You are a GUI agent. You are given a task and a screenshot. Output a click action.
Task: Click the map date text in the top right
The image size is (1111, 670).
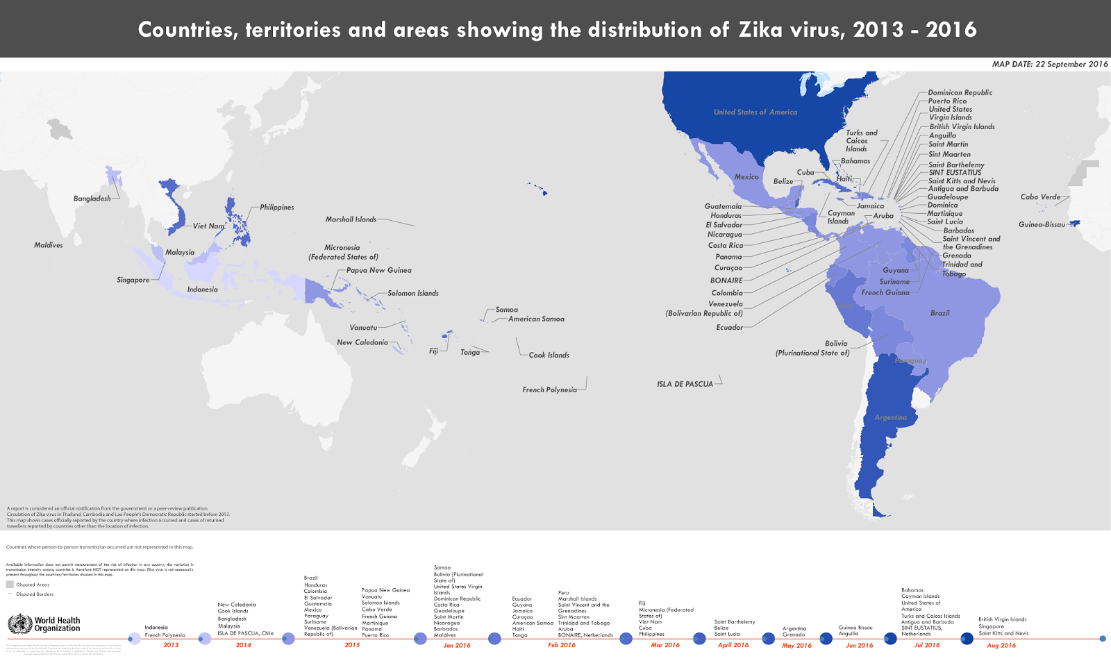1049,64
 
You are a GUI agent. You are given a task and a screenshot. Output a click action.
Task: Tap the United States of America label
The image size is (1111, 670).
755,112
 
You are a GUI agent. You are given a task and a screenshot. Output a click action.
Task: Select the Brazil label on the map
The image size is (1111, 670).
939,313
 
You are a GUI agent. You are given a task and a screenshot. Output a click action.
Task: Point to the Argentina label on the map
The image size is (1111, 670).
890,417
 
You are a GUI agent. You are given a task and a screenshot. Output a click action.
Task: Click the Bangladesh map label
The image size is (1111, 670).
92,199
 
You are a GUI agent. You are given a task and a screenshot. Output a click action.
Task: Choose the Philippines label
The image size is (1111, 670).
276,207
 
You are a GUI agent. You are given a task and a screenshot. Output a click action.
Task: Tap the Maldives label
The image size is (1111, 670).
49,245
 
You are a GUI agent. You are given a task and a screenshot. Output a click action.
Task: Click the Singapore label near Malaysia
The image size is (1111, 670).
133,280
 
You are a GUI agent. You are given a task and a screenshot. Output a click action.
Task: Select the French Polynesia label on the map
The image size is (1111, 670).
549,390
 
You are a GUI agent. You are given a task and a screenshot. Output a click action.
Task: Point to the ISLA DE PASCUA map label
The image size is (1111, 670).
685,384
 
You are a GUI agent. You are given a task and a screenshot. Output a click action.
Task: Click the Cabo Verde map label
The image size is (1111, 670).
1040,197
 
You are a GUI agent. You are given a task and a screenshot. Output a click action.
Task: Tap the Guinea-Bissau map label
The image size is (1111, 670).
1042,224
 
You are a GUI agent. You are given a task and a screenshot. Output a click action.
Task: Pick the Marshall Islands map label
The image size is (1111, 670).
351,219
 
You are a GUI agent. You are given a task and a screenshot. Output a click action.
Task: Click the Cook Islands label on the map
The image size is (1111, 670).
549,355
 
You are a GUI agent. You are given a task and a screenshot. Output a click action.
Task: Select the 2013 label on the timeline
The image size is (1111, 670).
171,645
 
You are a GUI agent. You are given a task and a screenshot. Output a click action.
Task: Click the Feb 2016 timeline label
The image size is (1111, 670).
562,645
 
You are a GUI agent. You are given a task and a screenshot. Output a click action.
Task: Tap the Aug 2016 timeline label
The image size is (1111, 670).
1001,646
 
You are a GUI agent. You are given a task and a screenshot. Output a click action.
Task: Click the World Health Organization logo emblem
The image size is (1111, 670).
20,623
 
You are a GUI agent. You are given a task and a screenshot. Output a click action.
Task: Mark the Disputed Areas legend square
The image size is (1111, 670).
10,585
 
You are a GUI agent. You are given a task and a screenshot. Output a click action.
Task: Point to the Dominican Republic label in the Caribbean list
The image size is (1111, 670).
960,92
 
